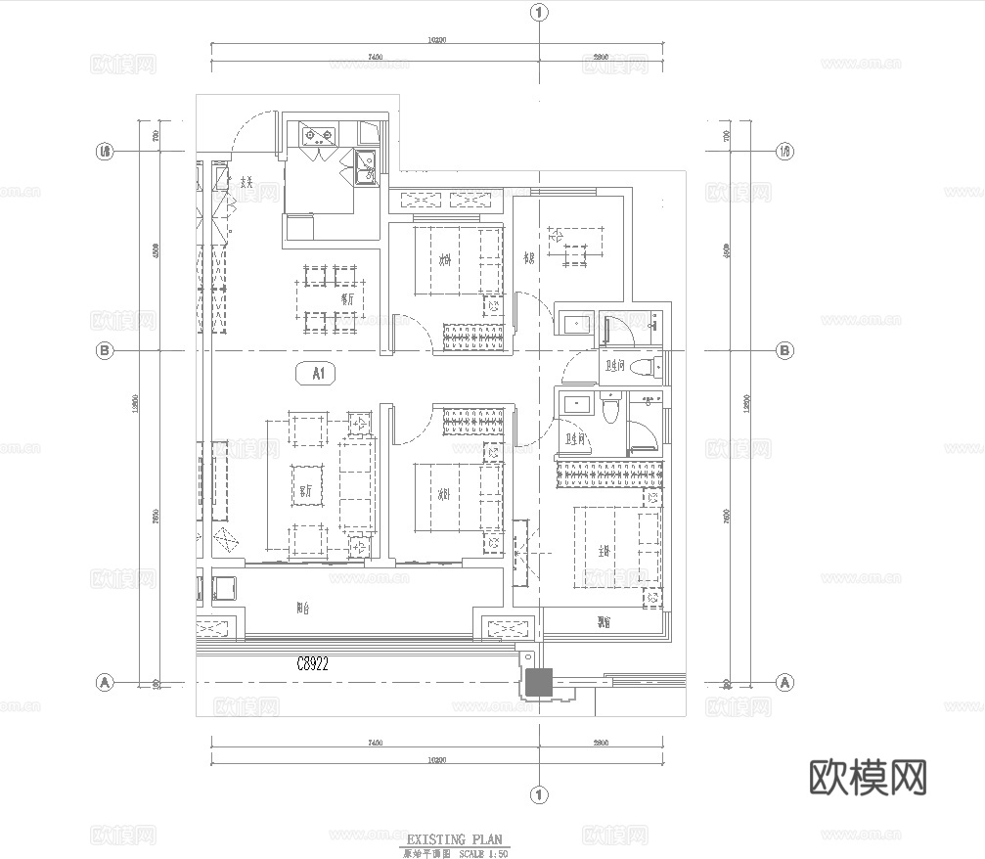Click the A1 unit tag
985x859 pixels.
point(317,373)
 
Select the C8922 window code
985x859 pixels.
point(312,663)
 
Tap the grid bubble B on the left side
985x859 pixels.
point(103,350)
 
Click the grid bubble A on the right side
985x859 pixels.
point(784,681)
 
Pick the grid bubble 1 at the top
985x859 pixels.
point(538,13)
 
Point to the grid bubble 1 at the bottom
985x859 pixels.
point(538,793)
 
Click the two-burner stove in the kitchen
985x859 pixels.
point(318,135)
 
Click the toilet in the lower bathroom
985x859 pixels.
point(610,408)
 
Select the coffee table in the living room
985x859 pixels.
point(307,485)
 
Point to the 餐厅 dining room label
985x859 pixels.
point(346,299)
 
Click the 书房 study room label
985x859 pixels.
point(528,258)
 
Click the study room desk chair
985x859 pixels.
point(556,235)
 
